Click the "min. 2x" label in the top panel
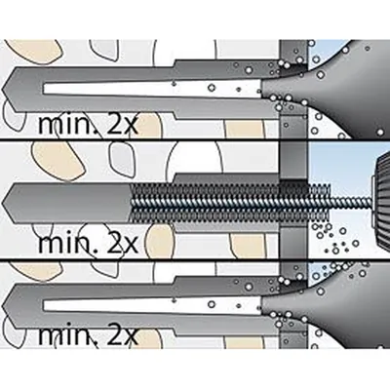pos(88,125)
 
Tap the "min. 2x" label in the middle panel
pos(88,244)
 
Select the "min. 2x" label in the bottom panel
pos(88,336)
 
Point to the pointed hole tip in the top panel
pos(2,89)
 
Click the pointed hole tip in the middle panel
pos(2,203)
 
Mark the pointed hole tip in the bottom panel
pos(2,309)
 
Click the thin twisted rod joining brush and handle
pos(351,202)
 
